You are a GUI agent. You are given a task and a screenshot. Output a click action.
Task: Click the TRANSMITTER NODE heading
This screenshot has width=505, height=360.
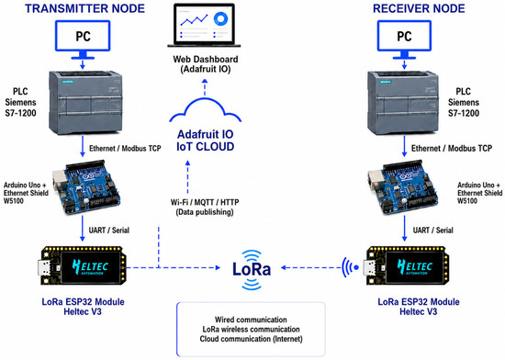85,8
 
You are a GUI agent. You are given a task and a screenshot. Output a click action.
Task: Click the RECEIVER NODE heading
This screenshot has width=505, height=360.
419,8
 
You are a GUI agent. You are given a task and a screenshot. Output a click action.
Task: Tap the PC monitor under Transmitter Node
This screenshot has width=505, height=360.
83,39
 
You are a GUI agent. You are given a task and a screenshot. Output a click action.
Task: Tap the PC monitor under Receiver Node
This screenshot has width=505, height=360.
404,39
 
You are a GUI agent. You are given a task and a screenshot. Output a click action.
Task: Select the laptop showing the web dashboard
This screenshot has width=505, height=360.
204,26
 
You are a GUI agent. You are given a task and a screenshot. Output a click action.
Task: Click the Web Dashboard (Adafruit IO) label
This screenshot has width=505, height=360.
206,64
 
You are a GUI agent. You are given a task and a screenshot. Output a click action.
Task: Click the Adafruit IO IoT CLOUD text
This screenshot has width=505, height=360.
206,141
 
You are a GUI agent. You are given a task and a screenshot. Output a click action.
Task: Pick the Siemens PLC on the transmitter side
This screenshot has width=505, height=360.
85,102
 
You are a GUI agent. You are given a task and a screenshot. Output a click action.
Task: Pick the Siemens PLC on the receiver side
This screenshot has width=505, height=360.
403,102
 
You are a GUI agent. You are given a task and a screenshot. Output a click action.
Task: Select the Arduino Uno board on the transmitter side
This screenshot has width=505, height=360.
86,187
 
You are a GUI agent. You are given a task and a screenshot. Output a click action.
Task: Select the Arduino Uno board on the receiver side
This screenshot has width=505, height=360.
402,187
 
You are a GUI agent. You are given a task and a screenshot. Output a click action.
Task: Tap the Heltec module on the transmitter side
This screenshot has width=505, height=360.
82,266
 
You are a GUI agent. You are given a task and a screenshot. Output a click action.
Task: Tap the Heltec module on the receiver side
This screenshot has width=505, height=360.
408,266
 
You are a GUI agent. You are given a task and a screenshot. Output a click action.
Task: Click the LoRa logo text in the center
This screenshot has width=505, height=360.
252,269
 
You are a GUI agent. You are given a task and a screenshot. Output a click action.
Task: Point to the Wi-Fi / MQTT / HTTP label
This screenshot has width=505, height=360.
205,202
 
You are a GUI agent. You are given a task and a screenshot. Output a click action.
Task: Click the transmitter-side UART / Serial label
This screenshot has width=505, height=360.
109,231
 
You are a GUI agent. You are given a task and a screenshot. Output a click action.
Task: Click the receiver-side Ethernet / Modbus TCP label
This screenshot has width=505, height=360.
452,148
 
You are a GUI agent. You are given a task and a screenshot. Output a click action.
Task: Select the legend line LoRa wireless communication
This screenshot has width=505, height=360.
251,330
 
